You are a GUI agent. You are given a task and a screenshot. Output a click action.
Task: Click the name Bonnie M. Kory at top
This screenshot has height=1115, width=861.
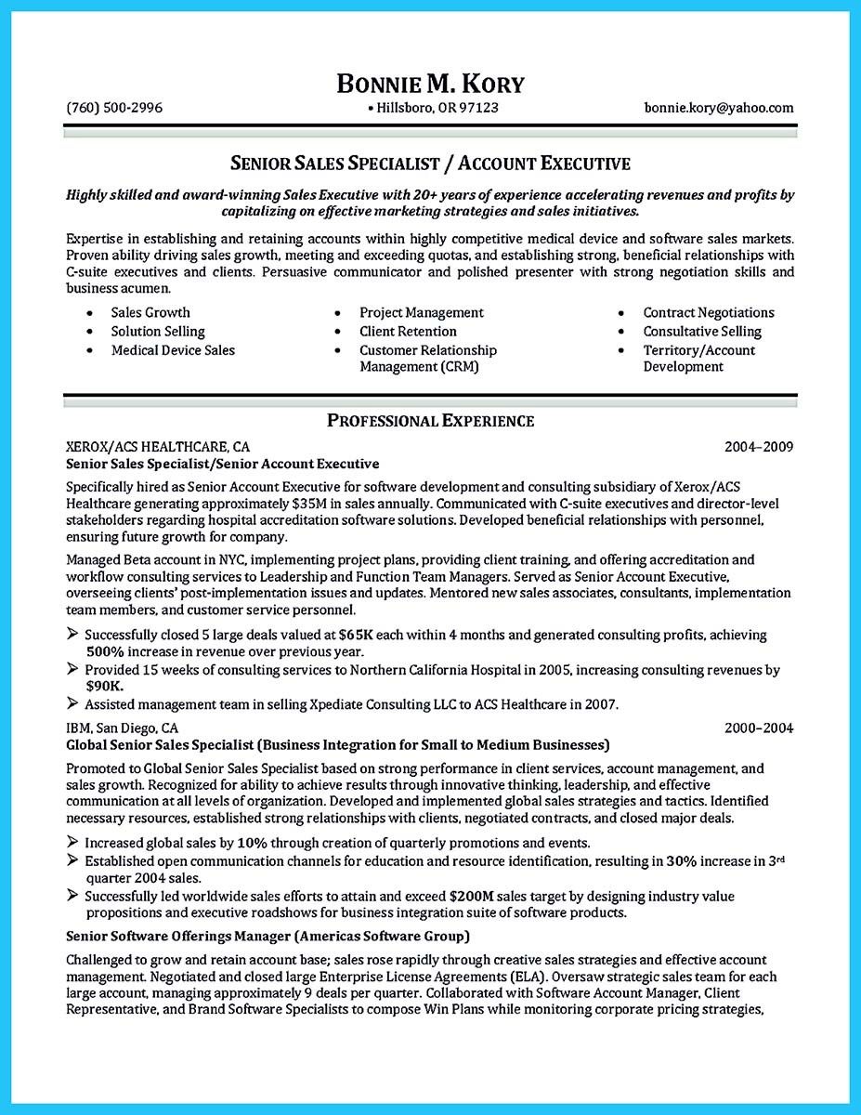point(430,84)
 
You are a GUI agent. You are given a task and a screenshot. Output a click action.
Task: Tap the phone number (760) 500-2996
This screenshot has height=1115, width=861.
point(114,108)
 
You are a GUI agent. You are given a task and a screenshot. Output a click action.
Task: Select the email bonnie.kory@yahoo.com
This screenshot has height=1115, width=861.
point(719,108)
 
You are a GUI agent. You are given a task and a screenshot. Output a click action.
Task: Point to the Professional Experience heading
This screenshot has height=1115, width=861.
point(430,421)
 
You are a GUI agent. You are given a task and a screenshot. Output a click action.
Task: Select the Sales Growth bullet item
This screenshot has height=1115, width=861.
point(150,313)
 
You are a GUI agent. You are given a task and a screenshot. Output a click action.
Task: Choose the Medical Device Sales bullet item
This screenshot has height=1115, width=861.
point(173,350)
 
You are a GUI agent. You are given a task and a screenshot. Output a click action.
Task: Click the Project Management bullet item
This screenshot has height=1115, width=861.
point(422,313)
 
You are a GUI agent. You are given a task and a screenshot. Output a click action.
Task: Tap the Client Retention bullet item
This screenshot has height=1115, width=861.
point(408,332)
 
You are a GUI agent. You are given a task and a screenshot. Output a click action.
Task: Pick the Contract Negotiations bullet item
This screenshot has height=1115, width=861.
point(708,313)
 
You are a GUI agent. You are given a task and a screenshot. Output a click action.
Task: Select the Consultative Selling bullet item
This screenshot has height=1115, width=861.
point(701,332)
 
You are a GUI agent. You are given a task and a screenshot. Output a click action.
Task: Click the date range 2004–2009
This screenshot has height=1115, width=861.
point(759,447)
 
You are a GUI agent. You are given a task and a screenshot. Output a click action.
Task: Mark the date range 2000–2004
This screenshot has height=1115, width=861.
point(759,728)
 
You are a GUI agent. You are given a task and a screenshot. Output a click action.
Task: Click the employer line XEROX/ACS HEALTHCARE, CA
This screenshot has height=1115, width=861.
point(158,447)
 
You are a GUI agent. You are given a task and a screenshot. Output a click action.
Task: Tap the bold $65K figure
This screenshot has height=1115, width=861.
point(358,635)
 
